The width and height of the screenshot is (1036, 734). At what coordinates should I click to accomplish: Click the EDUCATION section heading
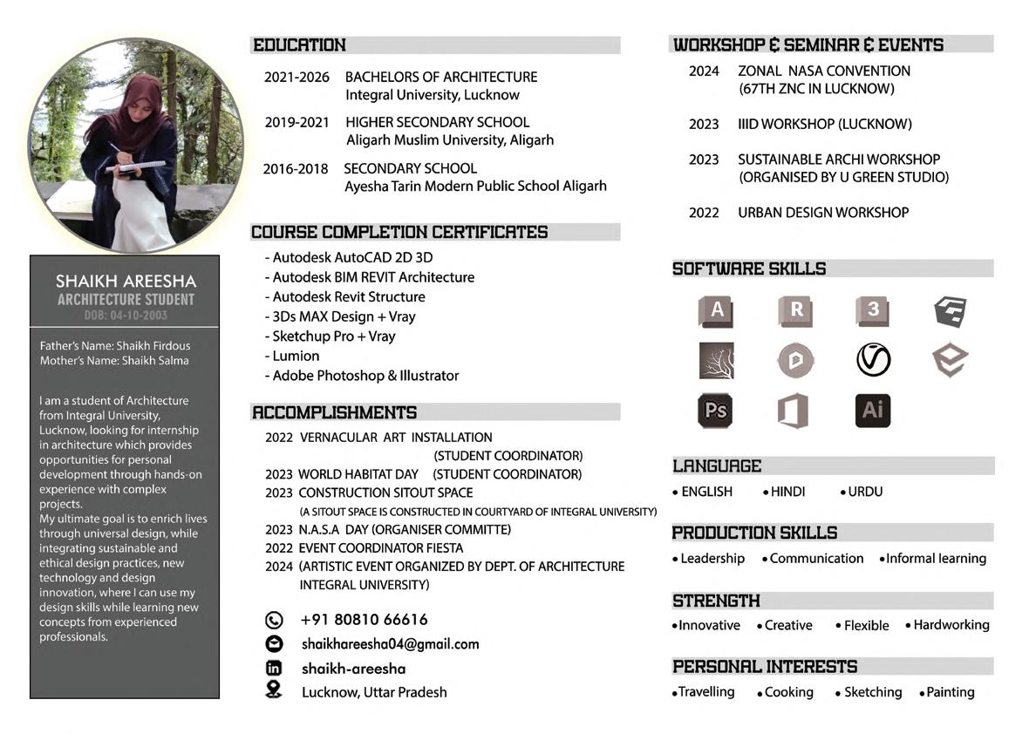click(x=299, y=45)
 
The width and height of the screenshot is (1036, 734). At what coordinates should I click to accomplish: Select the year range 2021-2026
click(x=296, y=78)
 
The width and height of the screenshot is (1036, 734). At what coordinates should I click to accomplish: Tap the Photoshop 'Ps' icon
click(x=715, y=411)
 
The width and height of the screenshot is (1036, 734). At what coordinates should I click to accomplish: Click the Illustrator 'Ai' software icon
click(x=872, y=411)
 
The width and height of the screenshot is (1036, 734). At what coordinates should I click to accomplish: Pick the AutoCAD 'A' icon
click(x=717, y=310)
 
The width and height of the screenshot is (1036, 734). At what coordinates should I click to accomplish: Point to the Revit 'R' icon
click(x=795, y=310)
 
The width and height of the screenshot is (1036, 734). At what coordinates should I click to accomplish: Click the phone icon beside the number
click(x=274, y=621)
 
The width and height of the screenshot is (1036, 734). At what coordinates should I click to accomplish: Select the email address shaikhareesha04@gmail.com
click(x=390, y=644)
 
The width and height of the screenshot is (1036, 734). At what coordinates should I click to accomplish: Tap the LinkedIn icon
click(x=274, y=669)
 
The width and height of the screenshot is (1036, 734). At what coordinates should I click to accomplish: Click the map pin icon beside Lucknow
click(x=274, y=690)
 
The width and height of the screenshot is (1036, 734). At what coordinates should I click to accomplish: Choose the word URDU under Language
click(x=864, y=492)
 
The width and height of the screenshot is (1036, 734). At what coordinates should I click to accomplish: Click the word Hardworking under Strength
click(x=951, y=625)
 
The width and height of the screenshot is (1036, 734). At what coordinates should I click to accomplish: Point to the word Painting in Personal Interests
click(x=950, y=692)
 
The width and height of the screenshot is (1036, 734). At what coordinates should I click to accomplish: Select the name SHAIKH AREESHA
click(x=126, y=281)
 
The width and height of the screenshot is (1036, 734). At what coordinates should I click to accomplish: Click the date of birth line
click(x=126, y=316)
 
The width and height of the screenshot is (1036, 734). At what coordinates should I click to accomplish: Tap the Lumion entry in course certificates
click(x=296, y=356)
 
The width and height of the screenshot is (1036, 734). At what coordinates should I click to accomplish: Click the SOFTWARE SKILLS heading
click(x=749, y=269)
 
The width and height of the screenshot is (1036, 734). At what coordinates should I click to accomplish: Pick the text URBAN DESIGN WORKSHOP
click(x=822, y=213)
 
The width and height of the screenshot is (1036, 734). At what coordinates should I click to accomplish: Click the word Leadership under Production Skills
click(x=712, y=559)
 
